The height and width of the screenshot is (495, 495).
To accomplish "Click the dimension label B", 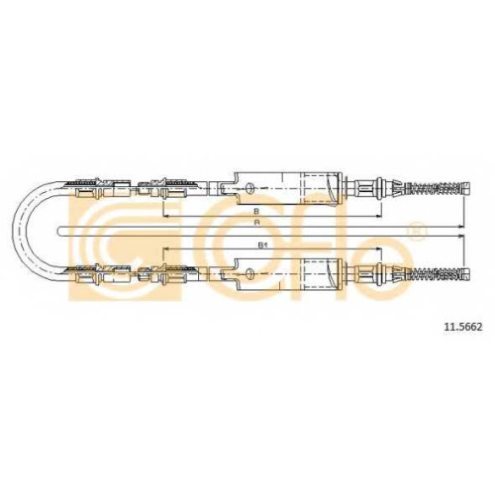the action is (x=255, y=211).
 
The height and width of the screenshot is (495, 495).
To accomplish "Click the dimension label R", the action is (x=256, y=223).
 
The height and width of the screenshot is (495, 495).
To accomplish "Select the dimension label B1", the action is (x=262, y=246).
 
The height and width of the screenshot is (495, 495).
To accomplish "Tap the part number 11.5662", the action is (x=463, y=327).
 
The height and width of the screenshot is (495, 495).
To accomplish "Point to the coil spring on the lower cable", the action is (x=434, y=273).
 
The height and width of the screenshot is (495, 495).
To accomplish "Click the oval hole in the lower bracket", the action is (x=250, y=273).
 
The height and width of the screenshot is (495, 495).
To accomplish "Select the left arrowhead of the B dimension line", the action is (x=166, y=216).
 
